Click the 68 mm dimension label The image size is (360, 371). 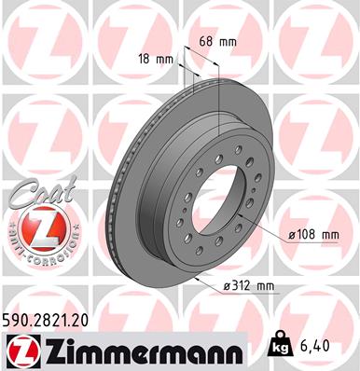coord(216,42)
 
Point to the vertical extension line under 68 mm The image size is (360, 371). coord(216,75)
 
